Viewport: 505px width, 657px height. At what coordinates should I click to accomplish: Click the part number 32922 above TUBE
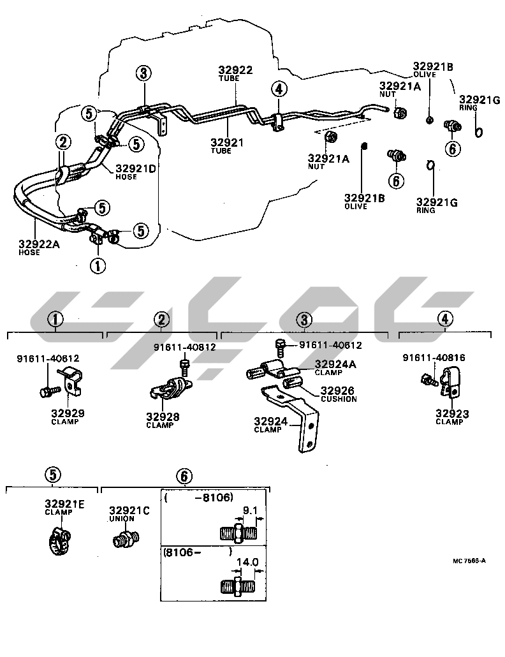235,71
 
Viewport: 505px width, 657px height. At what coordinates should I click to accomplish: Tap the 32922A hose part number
39,244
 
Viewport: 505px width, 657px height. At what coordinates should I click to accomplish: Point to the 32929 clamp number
68,413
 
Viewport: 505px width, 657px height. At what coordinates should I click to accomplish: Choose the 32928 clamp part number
163,417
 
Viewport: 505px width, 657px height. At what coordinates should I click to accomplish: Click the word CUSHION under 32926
339,399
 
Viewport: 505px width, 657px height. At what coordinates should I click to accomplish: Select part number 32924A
335,364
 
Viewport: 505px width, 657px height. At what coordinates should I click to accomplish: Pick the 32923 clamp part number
452,414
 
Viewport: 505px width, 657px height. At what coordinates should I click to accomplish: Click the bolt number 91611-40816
434,358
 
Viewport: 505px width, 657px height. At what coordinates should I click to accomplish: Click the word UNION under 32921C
121,519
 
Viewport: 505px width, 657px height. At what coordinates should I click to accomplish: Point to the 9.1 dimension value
251,510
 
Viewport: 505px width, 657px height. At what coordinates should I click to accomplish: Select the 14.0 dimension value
247,563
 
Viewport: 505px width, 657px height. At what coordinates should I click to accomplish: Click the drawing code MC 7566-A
469,561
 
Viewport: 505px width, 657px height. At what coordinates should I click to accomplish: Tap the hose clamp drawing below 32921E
61,539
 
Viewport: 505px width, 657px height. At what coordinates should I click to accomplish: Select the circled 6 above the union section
182,476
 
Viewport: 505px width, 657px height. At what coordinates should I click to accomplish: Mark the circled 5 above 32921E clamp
53,475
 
